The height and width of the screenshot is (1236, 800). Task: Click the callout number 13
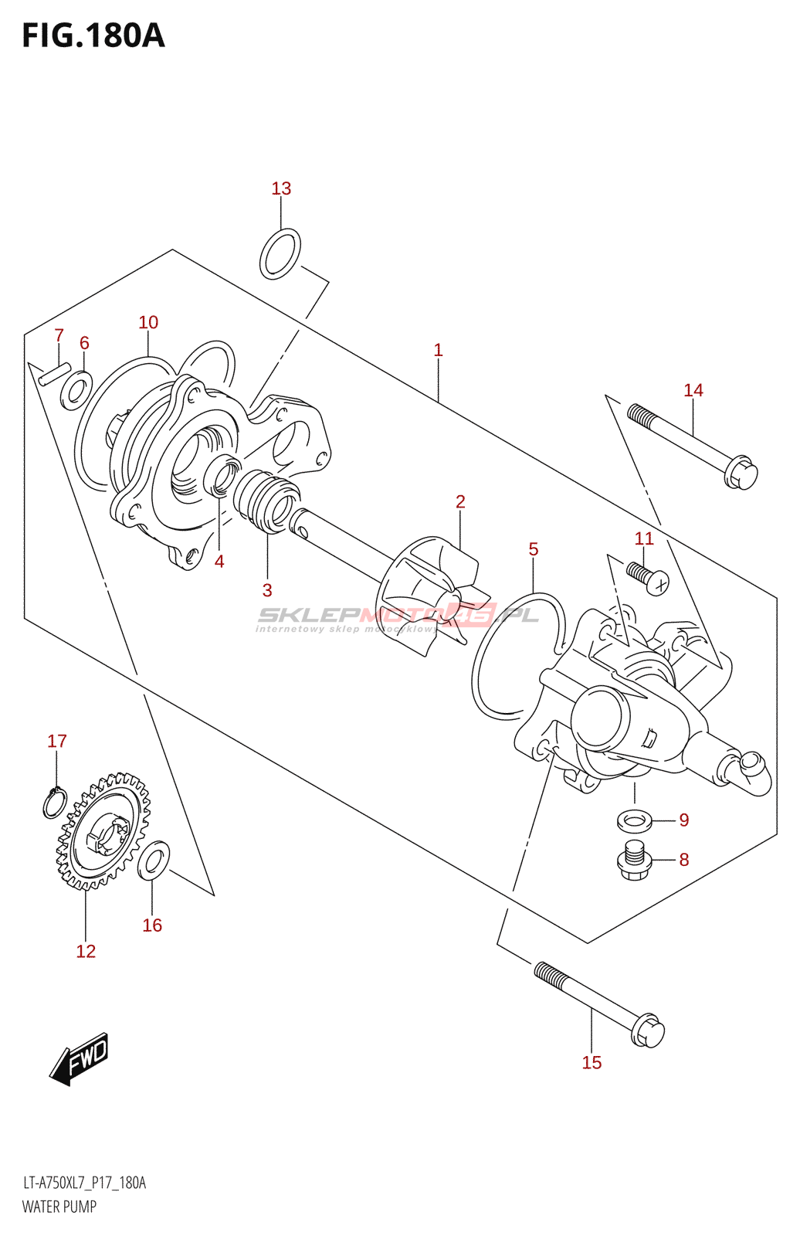(281, 188)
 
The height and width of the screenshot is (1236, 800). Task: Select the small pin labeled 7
(55, 374)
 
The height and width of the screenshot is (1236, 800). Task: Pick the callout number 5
(533, 549)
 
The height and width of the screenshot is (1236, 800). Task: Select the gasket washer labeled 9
(635, 820)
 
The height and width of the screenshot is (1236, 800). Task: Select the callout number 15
(592, 1063)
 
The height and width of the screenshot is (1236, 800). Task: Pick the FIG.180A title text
(93, 36)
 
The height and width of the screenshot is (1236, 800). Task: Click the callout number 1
(438, 350)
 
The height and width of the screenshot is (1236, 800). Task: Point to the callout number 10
(148, 322)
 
